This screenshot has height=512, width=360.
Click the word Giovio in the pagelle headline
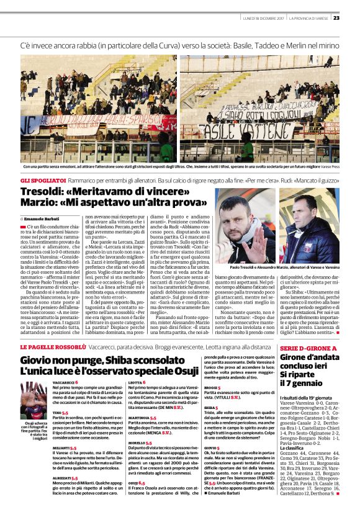pos(38,359)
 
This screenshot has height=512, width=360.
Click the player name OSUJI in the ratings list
pos(132,482)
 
